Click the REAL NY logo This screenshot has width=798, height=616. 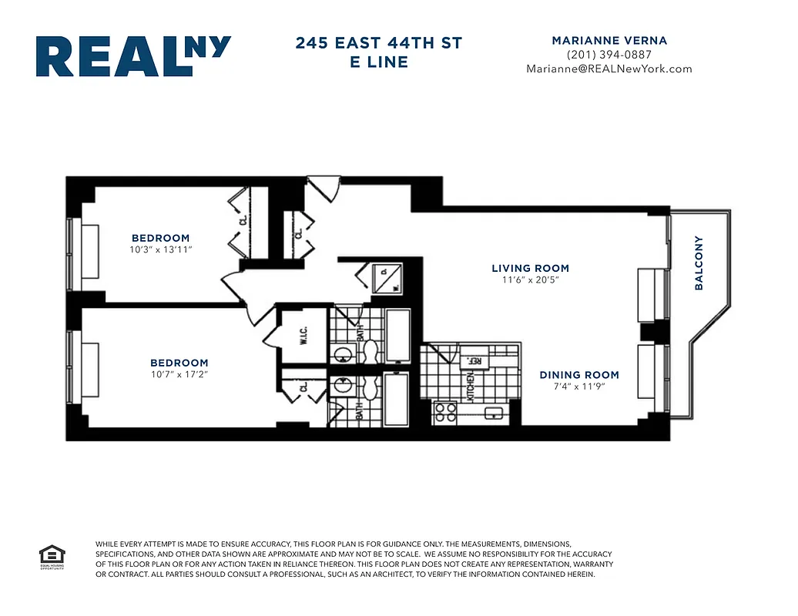point(133,55)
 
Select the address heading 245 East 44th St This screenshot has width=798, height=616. point(378,43)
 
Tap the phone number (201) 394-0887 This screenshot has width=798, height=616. point(609,55)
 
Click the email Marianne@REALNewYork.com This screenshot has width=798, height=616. point(609,69)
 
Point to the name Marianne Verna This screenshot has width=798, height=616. point(609,40)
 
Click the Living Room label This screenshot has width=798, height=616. point(530,269)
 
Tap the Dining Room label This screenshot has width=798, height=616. point(579,375)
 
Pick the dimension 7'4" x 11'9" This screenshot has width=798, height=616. point(579,387)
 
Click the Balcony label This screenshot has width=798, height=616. point(699,263)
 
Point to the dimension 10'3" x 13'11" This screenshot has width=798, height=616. point(160,250)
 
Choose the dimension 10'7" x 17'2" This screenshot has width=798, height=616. point(179,375)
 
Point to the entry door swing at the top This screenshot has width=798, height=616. point(323,187)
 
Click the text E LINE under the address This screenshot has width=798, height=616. point(378,62)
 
